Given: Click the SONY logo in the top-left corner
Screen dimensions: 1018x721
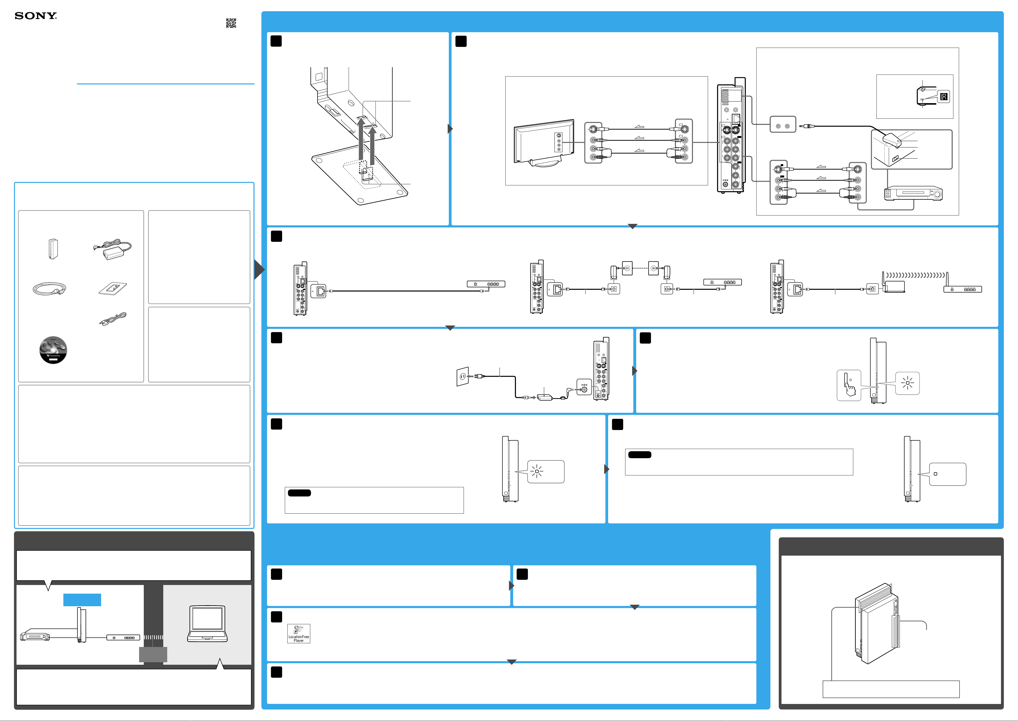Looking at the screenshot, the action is (x=36, y=16).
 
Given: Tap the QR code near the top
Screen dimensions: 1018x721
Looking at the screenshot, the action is (x=231, y=23).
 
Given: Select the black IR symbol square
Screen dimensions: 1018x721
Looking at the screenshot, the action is (x=944, y=97).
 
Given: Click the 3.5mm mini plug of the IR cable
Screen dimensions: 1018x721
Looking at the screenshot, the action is (x=806, y=126).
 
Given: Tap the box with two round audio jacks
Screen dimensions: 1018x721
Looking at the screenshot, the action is (x=783, y=126).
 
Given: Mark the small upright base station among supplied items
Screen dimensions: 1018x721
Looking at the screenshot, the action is (x=53, y=249).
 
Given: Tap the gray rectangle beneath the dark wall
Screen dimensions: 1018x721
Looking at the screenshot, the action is (x=153, y=654).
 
